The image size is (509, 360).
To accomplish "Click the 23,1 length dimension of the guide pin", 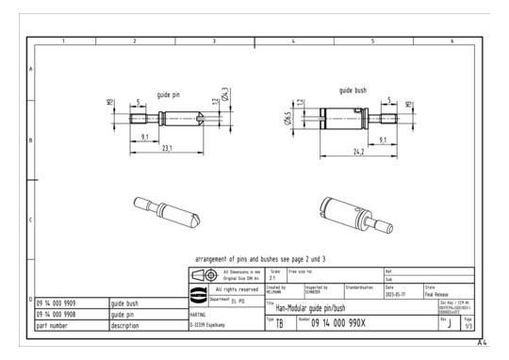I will (168, 150).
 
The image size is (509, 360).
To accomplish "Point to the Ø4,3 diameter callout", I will (225, 96).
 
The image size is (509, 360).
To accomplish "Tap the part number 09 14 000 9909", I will (57, 303).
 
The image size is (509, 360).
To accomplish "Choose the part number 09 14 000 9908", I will (57, 315).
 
